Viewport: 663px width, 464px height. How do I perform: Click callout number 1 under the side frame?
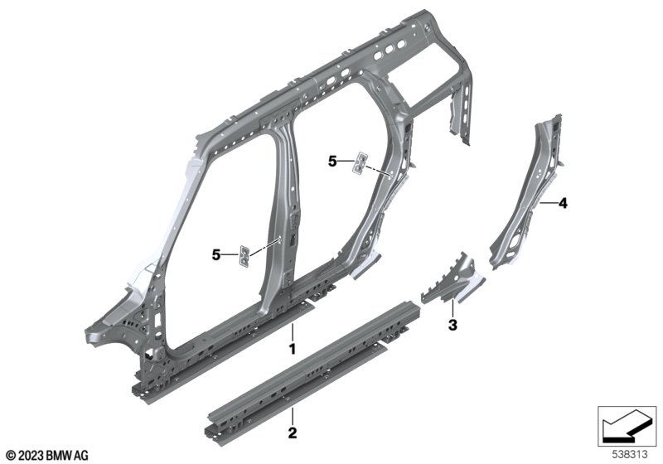[292, 349]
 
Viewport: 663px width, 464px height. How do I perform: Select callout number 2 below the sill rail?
[293, 433]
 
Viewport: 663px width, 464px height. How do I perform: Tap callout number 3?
[452, 325]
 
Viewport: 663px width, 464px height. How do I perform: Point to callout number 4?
[563, 204]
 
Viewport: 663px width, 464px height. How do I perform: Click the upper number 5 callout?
[332, 161]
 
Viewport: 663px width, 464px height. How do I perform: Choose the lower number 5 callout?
[216, 255]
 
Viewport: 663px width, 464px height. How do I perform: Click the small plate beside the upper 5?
[361, 162]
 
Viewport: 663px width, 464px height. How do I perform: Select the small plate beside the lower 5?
[244, 256]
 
